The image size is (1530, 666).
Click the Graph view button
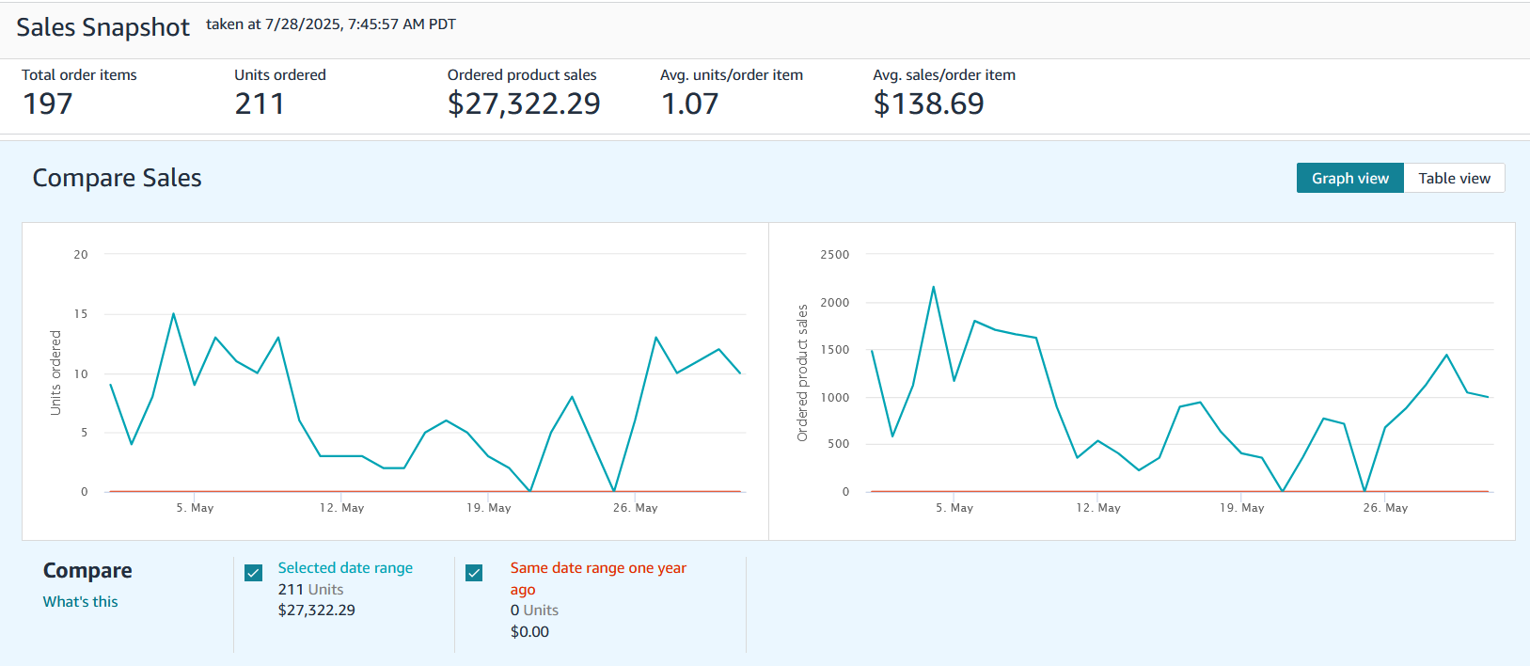[1349, 179]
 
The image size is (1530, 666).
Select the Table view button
[1454, 179]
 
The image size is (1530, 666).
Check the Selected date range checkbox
[254, 573]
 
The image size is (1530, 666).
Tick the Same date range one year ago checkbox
[474, 573]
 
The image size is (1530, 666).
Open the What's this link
[81, 602]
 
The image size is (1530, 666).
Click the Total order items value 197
[48, 103]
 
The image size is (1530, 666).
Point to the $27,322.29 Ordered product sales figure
[524, 103]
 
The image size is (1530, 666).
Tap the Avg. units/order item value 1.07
[689, 103]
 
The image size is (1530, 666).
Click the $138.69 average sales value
[928, 103]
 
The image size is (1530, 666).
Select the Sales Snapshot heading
[103, 27]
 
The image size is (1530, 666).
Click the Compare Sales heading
[117, 178]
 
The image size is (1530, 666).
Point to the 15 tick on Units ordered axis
[81, 314]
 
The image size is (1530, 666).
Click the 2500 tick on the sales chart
[834, 255]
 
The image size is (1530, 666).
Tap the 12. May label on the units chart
[341, 508]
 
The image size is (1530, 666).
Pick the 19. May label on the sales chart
[1241, 508]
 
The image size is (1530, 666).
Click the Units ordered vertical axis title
[55, 373]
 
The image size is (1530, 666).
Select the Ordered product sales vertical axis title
[802, 373]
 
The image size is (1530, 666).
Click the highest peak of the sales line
[933, 287]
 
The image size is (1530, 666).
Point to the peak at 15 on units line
[174, 314]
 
